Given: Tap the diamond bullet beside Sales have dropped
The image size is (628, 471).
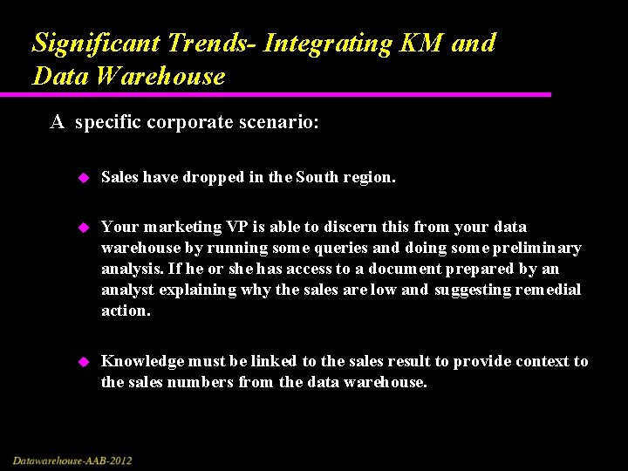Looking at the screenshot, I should click(84, 178).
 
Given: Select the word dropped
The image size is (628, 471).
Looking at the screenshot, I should click(213, 178).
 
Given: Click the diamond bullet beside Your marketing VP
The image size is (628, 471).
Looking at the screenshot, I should click(84, 227).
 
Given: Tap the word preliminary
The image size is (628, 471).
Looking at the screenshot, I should click(539, 248).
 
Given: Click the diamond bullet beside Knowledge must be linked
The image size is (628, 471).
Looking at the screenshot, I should click(84, 361).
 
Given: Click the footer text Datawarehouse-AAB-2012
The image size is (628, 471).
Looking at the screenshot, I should click(72, 460).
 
